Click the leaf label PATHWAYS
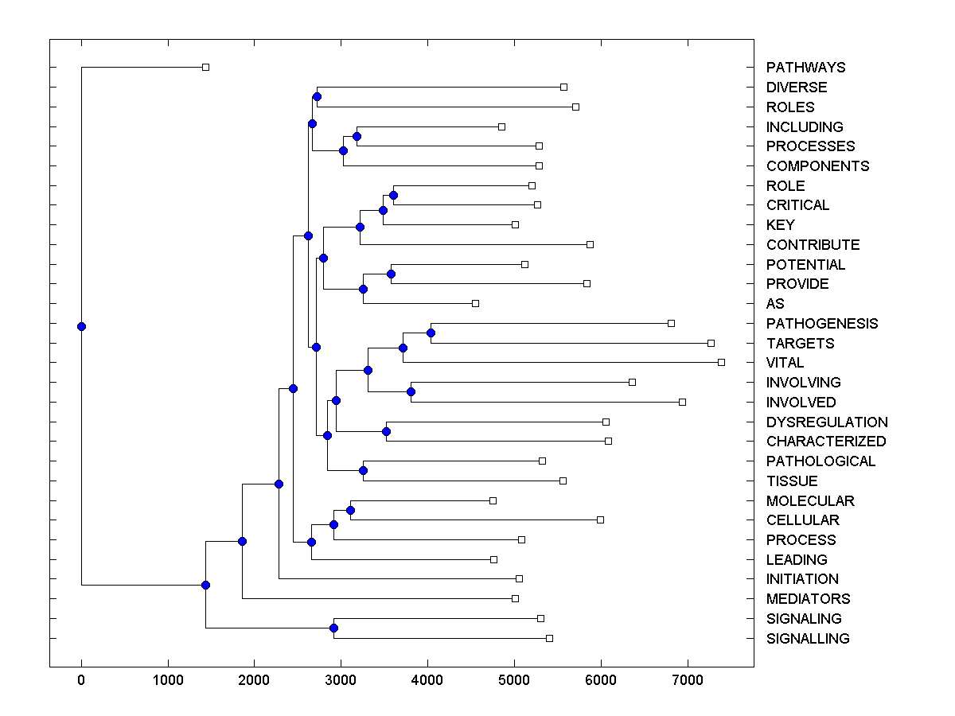point(805,68)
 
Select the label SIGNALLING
point(808,639)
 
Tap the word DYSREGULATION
point(827,422)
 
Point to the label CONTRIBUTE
point(813,245)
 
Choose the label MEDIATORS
point(808,599)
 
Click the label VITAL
point(785,363)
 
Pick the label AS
point(774,304)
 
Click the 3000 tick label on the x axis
point(341,681)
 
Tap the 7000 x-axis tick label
point(687,681)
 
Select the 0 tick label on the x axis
point(81,681)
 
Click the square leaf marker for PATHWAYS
point(205,67)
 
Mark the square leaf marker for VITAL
point(721,362)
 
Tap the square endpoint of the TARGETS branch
point(711,343)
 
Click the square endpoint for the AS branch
point(475,303)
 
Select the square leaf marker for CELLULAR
point(600,519)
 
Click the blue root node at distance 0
point(81,326)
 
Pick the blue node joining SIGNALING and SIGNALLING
point(333,628)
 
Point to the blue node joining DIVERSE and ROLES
point(317,97)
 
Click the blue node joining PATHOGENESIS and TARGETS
point(431,333)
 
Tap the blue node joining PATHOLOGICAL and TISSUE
point(363,471)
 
